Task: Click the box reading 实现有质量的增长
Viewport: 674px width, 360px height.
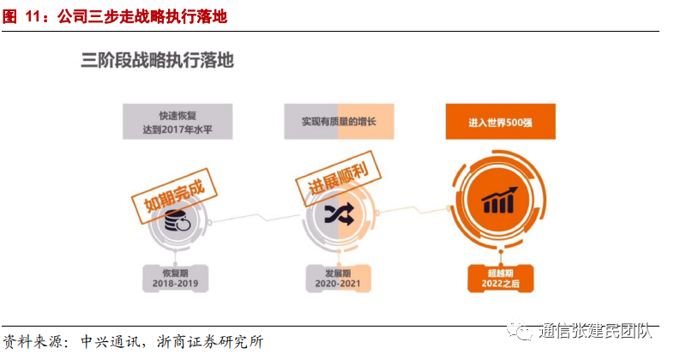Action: click(x=339, y=122)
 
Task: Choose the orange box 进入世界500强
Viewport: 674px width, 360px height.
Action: click(x=501, y=122)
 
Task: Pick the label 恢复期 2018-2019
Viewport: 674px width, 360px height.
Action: click(x=177, y=276)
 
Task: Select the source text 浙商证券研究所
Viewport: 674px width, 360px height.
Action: click(x=213, y=341)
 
